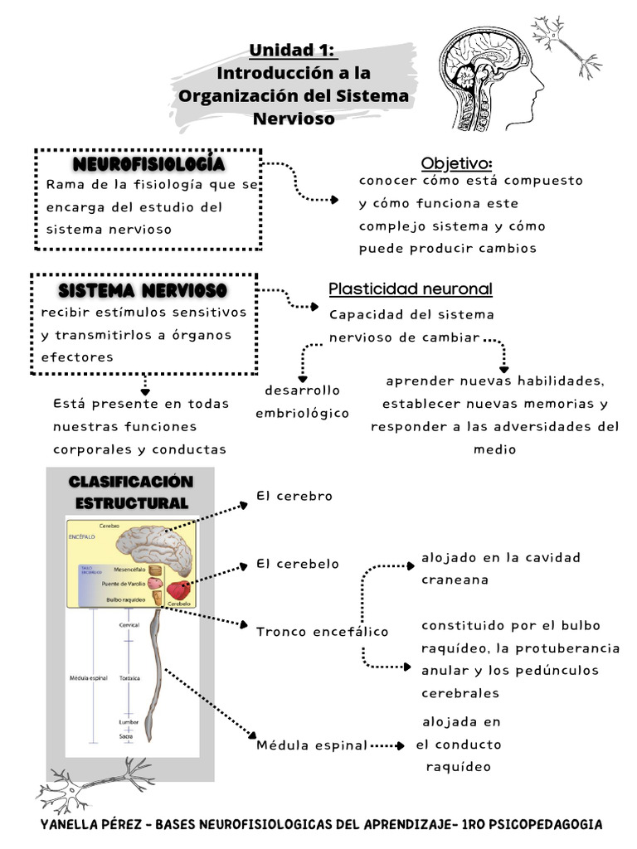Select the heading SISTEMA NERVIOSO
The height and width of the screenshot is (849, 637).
pos(143,290)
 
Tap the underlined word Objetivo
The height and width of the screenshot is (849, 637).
pos(455,162)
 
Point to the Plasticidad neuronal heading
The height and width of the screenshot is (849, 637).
pos(410,289)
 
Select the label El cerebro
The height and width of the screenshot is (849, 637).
pos(294,496)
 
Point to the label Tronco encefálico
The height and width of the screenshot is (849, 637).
pos(322,632)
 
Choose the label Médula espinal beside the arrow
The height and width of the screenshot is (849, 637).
pos(311,745)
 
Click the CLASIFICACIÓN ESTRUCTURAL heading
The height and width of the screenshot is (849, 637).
pos(130,492)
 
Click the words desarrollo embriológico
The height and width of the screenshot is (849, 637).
pos(302,401)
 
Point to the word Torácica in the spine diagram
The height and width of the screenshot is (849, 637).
pos(129,678)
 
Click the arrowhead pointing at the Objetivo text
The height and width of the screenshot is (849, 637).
pos(333,200)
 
